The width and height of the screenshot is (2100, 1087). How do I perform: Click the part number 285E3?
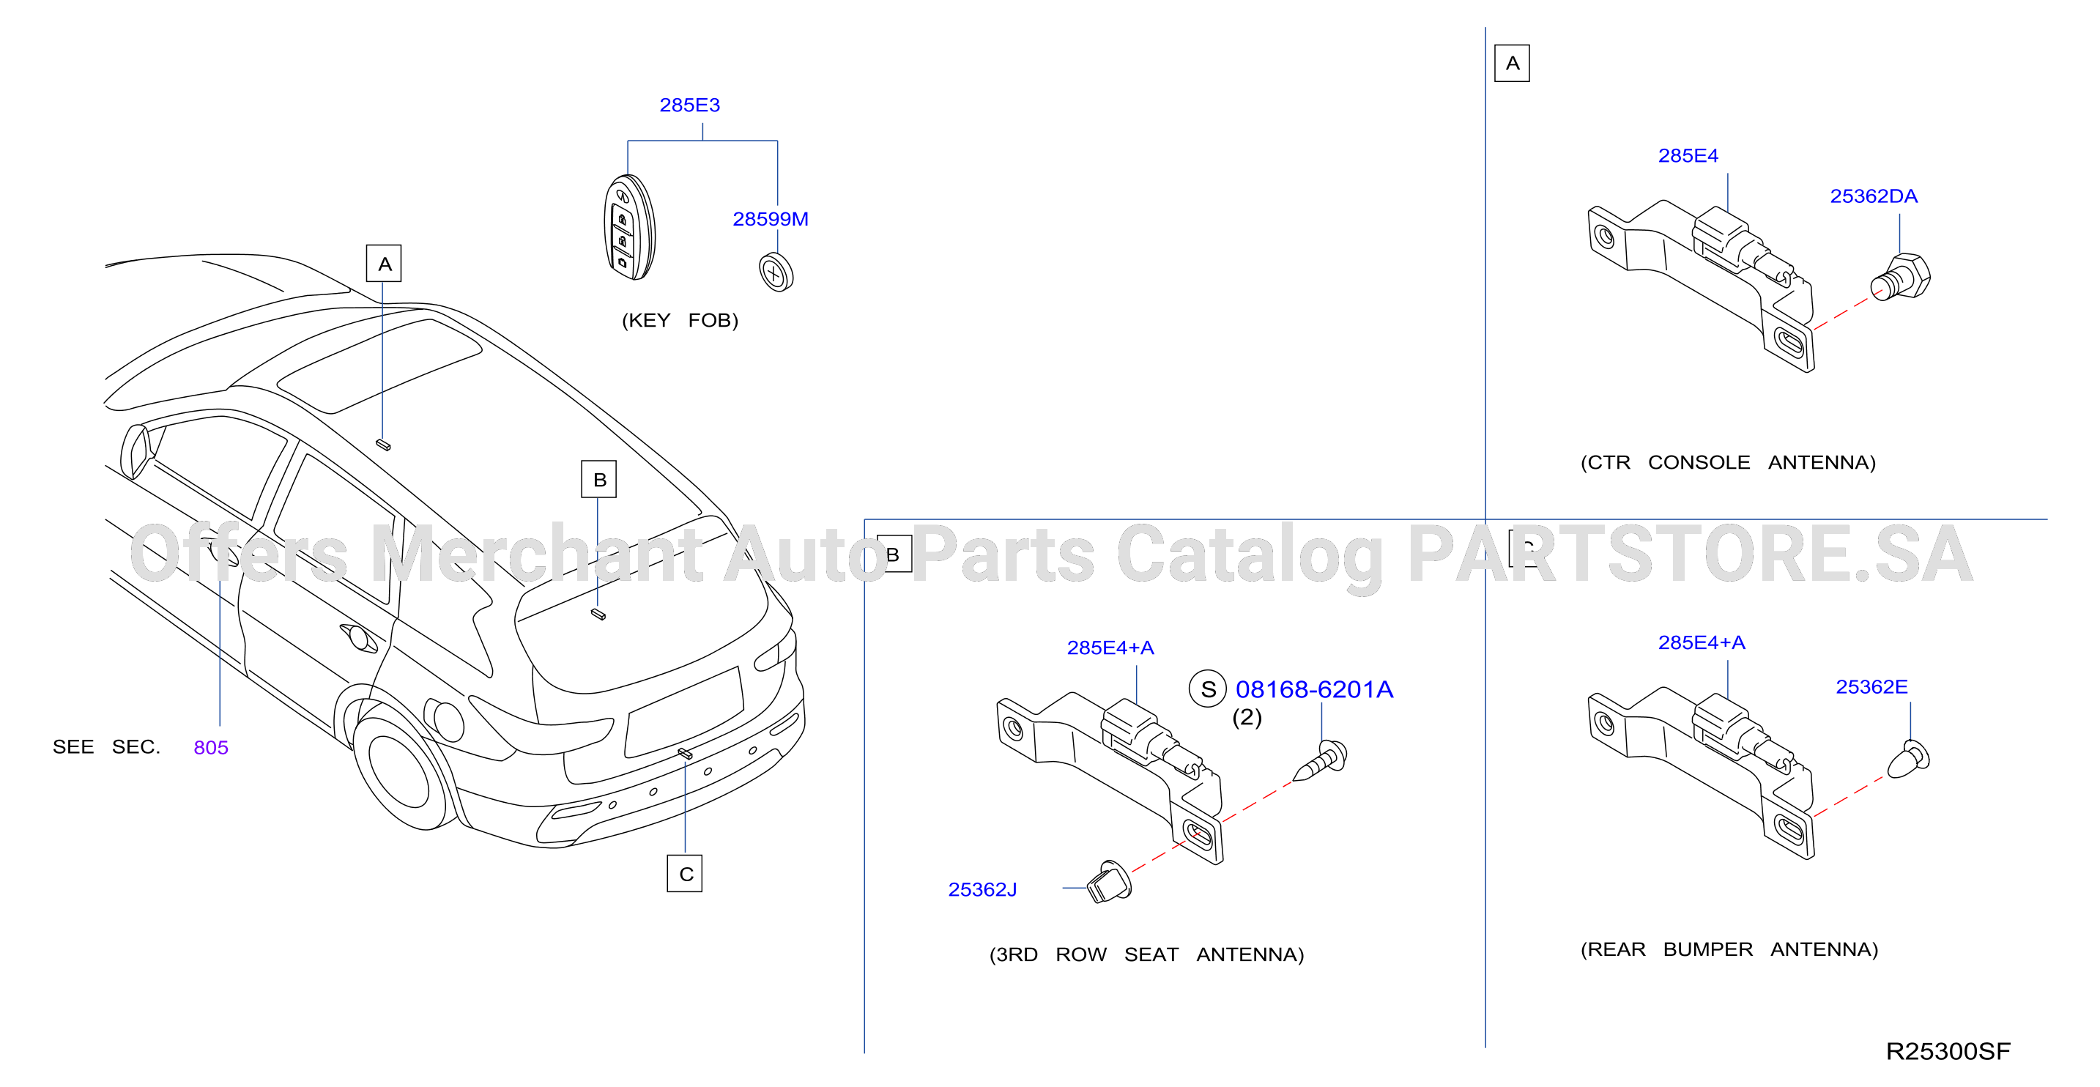pos(690,105)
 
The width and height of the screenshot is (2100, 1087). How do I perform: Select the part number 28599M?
pos(771,219)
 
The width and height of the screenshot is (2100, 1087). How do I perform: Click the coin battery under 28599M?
pos(776,272)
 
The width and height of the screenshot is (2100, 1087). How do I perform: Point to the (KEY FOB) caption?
pos(680,321)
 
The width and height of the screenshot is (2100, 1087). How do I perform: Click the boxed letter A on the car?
pos(384,264)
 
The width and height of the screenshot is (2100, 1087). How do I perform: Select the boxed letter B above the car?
pos(599,480)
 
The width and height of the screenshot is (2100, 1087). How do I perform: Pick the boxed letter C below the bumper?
pos(685,873)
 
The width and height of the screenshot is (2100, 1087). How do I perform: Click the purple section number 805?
pos(211,748)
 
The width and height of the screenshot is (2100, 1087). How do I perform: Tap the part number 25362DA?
pos(1874,196)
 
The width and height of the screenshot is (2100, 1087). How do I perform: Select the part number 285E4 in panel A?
pos(1688,156)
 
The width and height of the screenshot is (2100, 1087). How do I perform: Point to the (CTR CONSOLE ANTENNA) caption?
pos(1728,462)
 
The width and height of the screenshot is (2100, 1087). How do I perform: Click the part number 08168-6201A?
pos(1314,690)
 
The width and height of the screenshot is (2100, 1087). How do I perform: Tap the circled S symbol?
pos(1208,689)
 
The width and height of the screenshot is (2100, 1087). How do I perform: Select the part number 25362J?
pos(982,890)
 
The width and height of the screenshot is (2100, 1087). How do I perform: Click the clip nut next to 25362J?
pos(1110,881)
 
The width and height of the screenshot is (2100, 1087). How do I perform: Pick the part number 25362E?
pos(1871,687)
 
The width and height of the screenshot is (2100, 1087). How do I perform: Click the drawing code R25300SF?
pos(1948,1051)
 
